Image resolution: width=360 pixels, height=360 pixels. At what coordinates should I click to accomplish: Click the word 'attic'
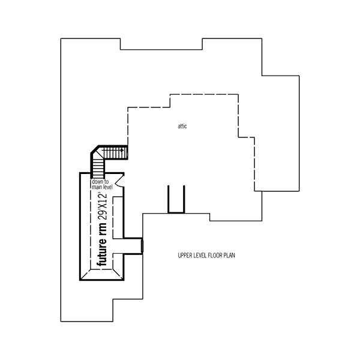tap(182, 126)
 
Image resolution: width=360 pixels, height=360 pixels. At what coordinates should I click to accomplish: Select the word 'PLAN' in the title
tap(229, 256)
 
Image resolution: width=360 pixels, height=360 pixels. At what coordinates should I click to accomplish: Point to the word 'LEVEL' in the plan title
tap(200, 256)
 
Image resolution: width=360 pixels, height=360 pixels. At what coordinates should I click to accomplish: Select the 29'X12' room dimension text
tap(103, 206)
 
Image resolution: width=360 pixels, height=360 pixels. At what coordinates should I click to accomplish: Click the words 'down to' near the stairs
tap(100, 182)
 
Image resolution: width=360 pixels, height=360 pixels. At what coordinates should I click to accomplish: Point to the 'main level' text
tap(103, 187)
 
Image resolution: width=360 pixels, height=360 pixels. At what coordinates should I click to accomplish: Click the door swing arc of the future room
tap(118, 181)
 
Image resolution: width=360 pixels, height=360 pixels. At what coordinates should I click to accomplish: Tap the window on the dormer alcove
tap(142, 246)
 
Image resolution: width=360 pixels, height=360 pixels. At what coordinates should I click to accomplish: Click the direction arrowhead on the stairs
tap(122, 151)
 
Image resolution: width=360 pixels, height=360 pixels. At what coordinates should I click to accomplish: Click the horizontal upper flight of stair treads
tap(115, 152)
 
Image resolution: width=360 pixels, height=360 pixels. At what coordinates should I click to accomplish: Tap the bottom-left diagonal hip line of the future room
tap(85, 275)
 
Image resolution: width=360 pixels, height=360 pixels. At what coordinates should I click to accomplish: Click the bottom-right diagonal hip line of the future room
tap(118, 274)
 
